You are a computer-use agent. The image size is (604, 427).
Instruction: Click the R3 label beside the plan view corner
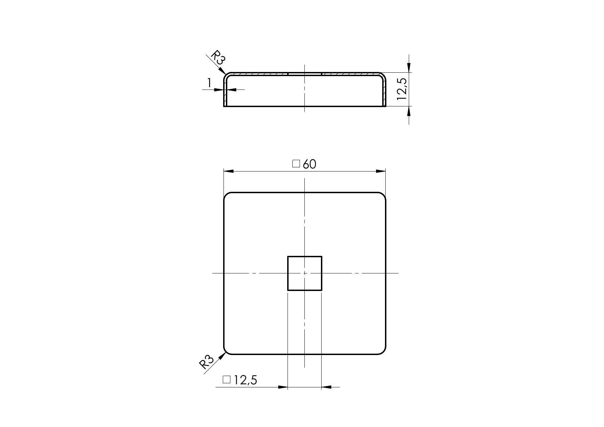click(x=207, y=362)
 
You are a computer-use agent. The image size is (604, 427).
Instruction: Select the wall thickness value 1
click(x=209, y=83)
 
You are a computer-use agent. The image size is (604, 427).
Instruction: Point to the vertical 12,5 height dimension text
click(x=402, y=89)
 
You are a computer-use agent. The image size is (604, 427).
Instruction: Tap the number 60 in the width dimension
click(x=310, y=164)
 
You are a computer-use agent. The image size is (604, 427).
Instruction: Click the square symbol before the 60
click(x=296, y=164)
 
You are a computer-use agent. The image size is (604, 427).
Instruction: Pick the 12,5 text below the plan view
click(x=246, y=380)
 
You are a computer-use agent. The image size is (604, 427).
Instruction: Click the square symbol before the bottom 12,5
click(x=227, y=379)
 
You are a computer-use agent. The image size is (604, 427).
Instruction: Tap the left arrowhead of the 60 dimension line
click(x=228, y=171)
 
